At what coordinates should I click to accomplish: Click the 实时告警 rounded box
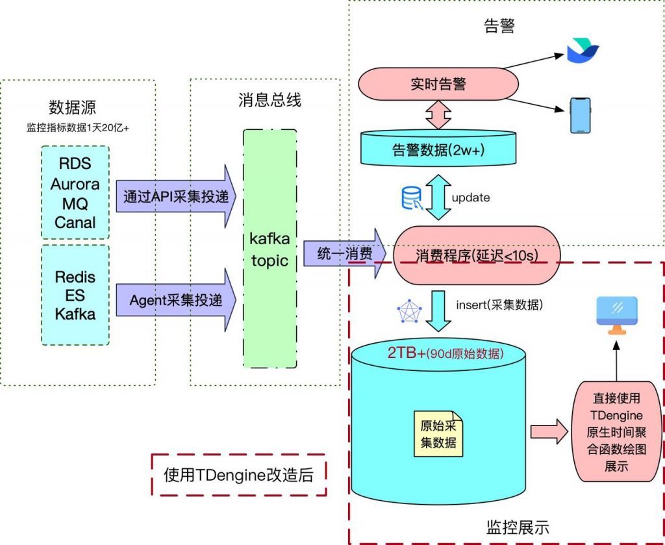pos(438,84)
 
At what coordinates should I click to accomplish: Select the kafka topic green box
pos(270,249)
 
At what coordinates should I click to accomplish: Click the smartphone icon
pos(580,115)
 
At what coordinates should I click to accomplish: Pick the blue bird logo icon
pos(582,51)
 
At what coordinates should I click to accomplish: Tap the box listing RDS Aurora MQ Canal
pos(75,192)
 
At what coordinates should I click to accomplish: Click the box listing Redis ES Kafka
pos(75,296)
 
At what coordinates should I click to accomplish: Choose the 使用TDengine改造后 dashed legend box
pos(238,475)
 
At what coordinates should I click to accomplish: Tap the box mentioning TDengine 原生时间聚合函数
pos(616,432)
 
